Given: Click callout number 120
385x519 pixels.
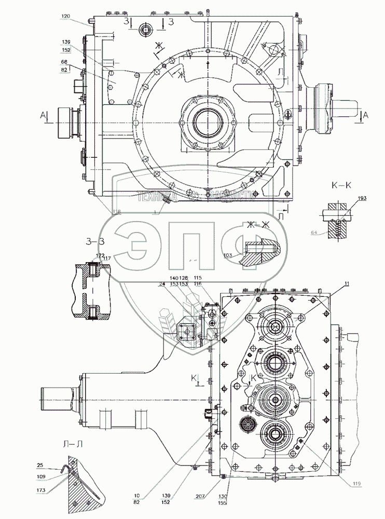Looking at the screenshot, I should pyautogui.click(x=64, y=17).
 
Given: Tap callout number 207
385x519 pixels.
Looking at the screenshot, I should pyautogui.click(x=201, y=497).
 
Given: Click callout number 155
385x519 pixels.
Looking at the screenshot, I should pyautogui.click(x=223, y=502).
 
